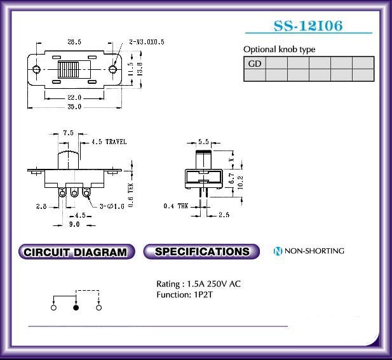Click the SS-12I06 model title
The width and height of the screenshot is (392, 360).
coord(308,26)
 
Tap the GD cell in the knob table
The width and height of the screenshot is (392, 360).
coord(255,63)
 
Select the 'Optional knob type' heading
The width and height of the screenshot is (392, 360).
coord(280,50)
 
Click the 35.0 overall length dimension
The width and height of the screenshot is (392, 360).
coord(74,107)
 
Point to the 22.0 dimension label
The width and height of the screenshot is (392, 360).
coord(74,97)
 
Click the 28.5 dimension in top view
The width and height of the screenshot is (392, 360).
coord(74,42)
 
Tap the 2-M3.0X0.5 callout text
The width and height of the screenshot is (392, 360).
coord(147,42)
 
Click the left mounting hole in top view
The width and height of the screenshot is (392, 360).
coord(36,69)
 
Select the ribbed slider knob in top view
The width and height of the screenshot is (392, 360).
coord(68,69)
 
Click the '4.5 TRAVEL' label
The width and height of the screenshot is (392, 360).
coord(109,142)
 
